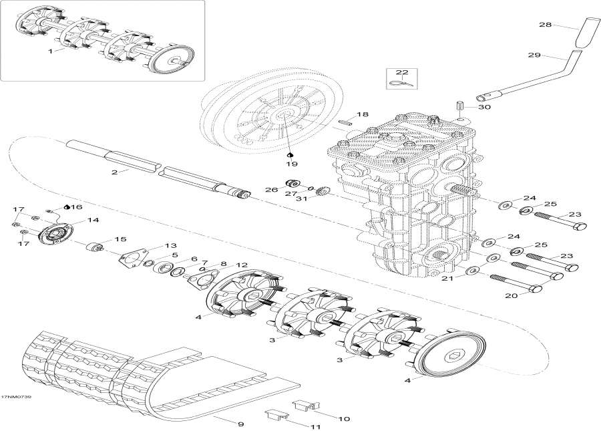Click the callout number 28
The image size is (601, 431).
pyautogui.click(x=545, y=25)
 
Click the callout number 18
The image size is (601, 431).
pyautogui.click(x=362, y=115)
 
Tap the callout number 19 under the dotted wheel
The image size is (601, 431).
pyautogui.click(x=291, y=162)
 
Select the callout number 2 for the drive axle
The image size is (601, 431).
pyautogui.click(x=115, y=172)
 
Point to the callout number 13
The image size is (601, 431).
pyautogui.click(x=171, y=245)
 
